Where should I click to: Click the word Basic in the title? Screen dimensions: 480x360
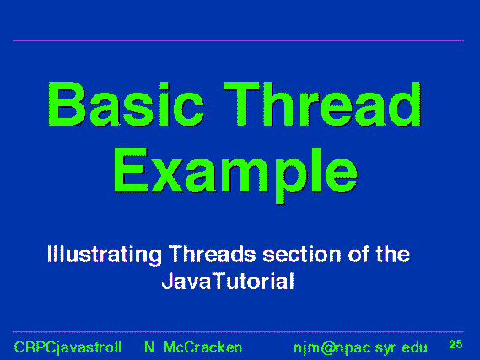click(127, 104)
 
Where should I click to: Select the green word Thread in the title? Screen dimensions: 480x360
click(322, 104)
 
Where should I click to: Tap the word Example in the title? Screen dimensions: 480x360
click(235, 175)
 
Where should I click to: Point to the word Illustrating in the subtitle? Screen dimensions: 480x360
click(105, 255)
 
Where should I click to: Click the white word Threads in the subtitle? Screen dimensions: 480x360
click(213, 254)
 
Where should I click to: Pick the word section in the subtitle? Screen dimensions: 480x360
click(302, 255)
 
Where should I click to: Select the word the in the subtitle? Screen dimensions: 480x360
click(393, 254)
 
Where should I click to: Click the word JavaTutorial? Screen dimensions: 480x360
click(228, 281)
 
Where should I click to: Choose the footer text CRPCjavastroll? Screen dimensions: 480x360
click(67, 347)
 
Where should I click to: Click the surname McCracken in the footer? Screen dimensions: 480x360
click(203, 347)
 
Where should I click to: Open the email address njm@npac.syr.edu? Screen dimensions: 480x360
click(360, 348)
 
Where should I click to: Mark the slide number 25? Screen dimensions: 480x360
click(456, 344)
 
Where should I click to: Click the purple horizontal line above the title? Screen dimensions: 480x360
click(239, 40)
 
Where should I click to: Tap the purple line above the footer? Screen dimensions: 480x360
click(239, 331)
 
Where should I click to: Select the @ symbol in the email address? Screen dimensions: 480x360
click(328, 348)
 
